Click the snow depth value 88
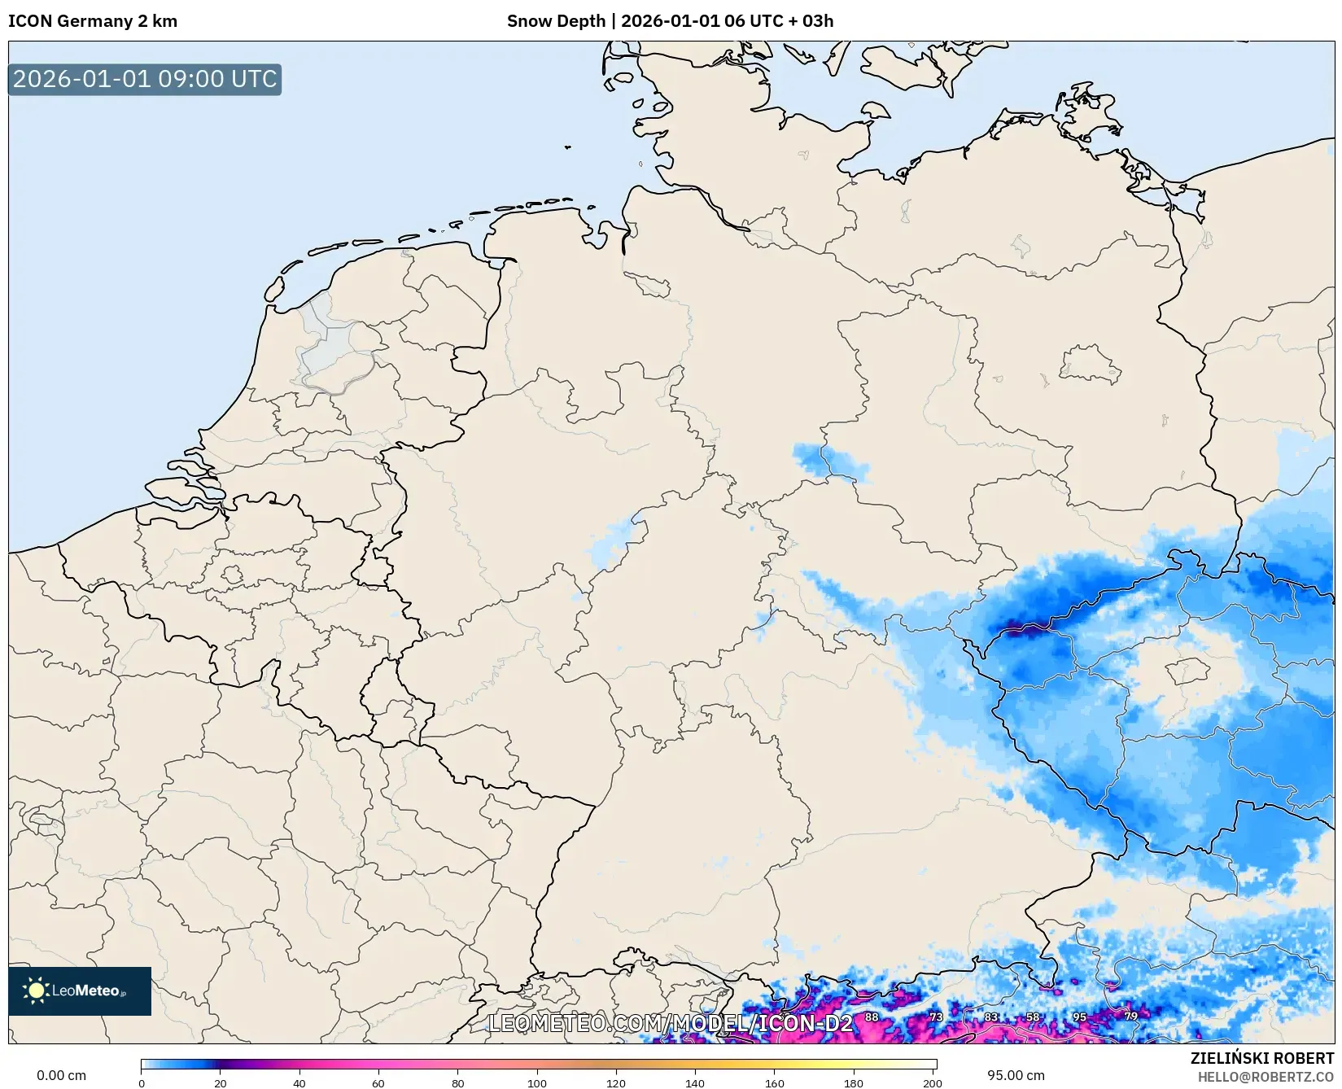872,1017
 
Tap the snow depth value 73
936,1017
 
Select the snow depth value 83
990,1017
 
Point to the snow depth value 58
1032,1017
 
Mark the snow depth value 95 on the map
1079,1017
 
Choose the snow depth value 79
1130,1016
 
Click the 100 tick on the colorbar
537,1082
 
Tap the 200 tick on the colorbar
933,1082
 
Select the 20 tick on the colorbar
220,1082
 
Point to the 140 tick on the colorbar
695,1082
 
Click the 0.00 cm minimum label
61,1075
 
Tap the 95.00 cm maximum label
1016,1075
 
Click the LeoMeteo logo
80,991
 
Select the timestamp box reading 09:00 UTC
145,79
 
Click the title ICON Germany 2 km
93,21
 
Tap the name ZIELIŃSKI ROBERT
1261,1058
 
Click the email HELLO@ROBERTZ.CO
1266,1077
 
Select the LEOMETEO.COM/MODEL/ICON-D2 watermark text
670,1023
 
